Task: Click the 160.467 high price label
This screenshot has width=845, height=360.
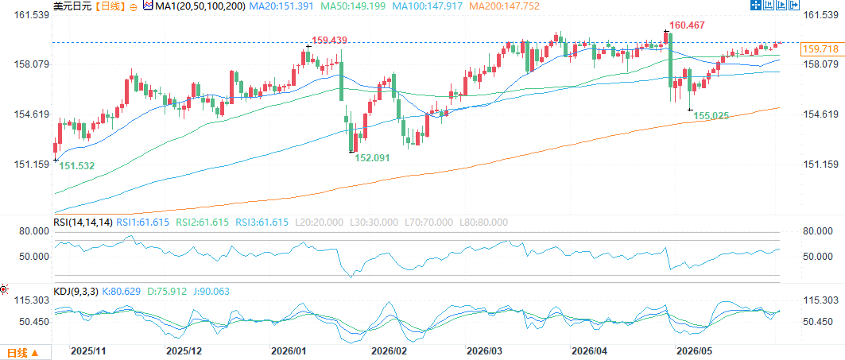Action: click(687, 25)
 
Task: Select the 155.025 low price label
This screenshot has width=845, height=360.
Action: click(711, 115)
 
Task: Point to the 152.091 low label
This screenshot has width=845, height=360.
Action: click(372, 157)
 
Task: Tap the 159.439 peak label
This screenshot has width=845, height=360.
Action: click(329, 40)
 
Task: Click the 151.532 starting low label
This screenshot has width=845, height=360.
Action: click(76, 166)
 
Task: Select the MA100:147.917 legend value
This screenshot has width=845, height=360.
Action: click(426, 6)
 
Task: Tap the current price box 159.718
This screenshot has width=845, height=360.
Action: click(820, 49)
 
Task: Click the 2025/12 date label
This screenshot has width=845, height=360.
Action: click(184, 350)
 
